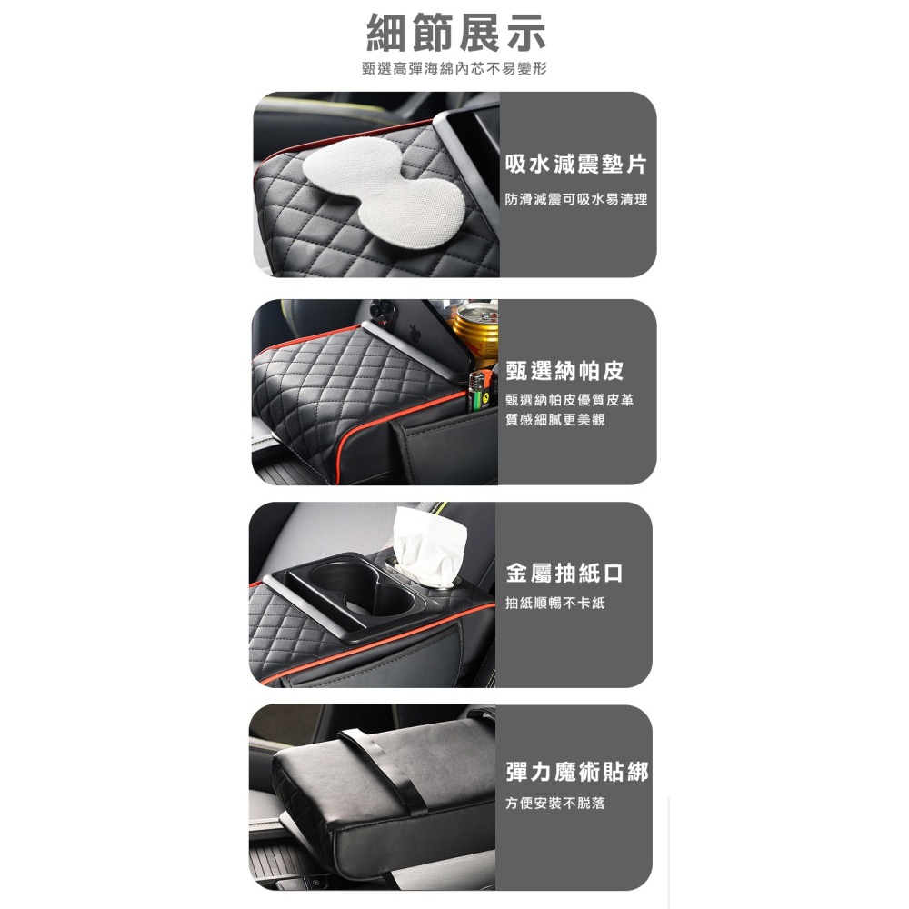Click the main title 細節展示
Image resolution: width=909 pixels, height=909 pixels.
pos(455,34)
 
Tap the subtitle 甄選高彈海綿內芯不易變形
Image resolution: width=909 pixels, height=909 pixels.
pos(454,69)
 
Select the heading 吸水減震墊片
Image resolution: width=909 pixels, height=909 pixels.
pos(575,165)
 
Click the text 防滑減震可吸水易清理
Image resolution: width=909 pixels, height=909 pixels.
pos(576,199)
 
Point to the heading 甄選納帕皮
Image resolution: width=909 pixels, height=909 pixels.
pos(564,371)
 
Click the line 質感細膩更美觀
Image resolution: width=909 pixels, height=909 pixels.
pos(554,419)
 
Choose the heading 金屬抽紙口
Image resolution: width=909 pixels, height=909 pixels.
pos(564,574)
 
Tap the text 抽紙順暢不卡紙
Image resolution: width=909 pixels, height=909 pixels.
pos(554,603)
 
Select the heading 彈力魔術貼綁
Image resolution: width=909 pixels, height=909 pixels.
pos(577,772)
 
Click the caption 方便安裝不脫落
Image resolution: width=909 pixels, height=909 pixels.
pos(554,804)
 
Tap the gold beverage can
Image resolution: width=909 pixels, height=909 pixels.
pos(476,333)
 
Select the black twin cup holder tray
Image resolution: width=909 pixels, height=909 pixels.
pos(364,595)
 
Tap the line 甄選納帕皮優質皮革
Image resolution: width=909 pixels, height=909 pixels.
pos(570,401)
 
